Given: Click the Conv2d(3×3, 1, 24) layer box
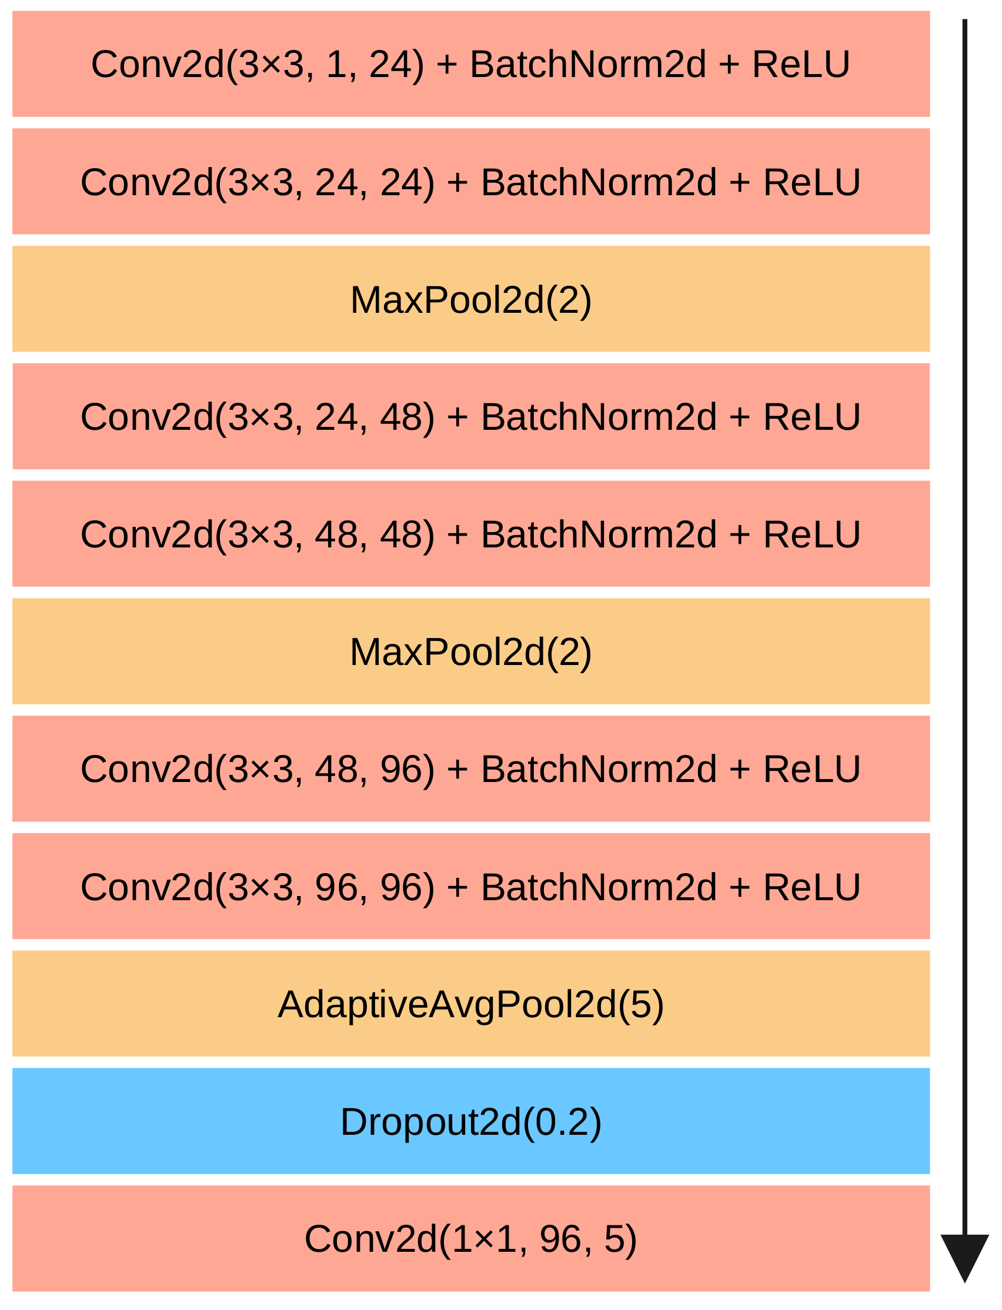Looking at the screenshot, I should pyautogui.click(x=470, y=64).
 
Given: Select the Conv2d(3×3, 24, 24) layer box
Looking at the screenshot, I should pyautogui.click(x=470, y=181).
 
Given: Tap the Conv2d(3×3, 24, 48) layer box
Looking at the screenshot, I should pyautogui.click(x=470, y=416).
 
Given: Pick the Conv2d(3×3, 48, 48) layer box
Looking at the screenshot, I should pyautogui.click(x=470, y=534).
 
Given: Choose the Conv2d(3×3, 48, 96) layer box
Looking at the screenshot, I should pyautogui.click(x=470, y=768).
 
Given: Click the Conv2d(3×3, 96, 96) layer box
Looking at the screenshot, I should pyautogui.click(x=470, y=887).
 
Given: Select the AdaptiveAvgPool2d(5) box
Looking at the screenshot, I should pyautogui.click(x=470, y=1004).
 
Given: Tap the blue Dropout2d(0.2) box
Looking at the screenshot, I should pyautogui.click(x=470, y=1122).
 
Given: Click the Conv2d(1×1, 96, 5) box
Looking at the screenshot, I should pyautogui.click(x=470, y=1239).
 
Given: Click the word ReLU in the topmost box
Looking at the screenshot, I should pyautogui.click(x=801, y=65).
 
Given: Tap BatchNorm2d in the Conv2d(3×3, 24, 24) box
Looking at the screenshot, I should pyautogui.click(x=599, y=182).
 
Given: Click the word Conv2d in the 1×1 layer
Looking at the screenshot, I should pyautogui.click(x=370, y=1239).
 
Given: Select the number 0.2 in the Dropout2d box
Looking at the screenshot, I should pyautogui.click(x=562, y=1122).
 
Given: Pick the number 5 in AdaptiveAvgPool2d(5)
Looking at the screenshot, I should pyautogui.click(x=641, y=1005).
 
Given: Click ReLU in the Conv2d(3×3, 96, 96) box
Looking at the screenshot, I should pyautogui.click(x=811, y=887).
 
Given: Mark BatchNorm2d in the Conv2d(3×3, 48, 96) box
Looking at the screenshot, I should pyautogui.click(x=599, y=769).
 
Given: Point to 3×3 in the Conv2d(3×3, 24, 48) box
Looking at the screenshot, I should pyautogui.click(x=261, y=417).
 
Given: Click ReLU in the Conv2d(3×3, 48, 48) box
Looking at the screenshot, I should pyautogui.click(x=811, y=534).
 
